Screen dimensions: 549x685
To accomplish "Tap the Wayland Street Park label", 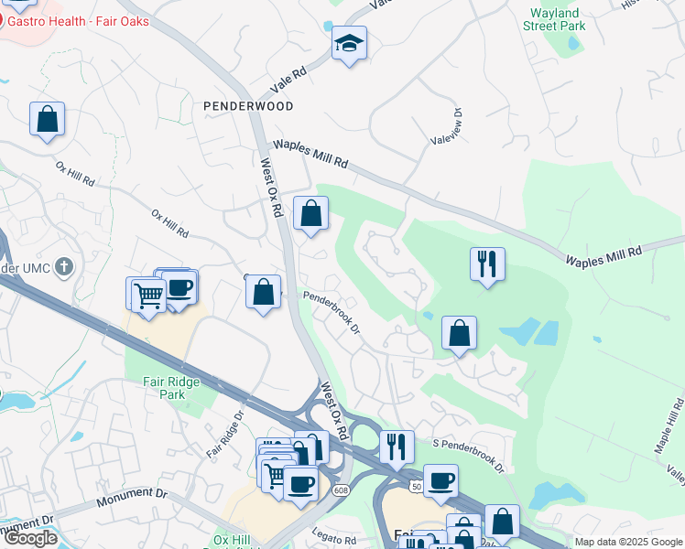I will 553,20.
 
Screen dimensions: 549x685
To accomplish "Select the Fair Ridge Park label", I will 165,388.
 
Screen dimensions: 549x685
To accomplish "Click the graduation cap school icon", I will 349,43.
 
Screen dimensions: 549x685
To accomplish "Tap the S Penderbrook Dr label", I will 468,453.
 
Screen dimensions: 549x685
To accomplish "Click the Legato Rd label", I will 333,540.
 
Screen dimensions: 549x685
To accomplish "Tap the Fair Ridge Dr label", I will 225,435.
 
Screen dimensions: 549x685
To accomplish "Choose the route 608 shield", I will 341,491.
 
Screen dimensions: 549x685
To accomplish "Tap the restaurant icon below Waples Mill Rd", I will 486,264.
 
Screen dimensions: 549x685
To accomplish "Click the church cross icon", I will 62,267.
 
